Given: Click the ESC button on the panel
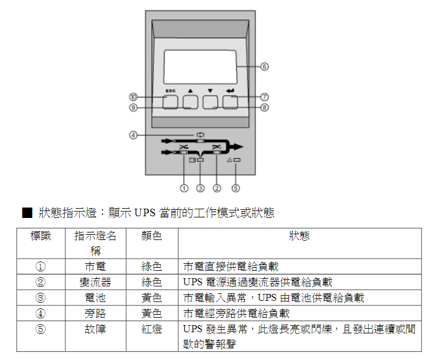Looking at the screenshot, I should (x=170, y=102).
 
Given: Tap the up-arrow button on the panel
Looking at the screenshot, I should (x=191, y=102).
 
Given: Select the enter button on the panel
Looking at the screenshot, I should (x=231, y=102).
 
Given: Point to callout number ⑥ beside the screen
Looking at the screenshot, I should (x=264, y=67).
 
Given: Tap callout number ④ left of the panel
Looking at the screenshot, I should (x=133, y=135).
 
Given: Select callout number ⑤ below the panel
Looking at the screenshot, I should (x=236, y=188).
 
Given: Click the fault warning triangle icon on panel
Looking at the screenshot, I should (x=229, y=158).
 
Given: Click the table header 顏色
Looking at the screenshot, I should (x=152, y=237).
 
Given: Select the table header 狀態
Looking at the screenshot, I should (x=299, y=237).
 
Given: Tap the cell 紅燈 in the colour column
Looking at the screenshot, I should (x=152, y=329).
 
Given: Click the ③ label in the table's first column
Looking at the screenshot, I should (x=41, y=298).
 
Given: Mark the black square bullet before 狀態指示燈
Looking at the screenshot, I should (x=27, y=213).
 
